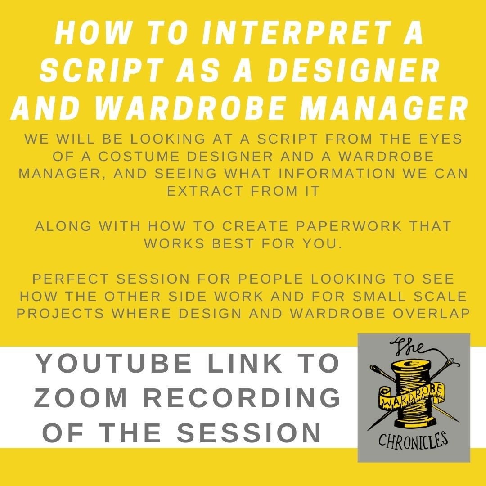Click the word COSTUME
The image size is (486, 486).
137,157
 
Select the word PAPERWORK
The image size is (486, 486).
337,225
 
